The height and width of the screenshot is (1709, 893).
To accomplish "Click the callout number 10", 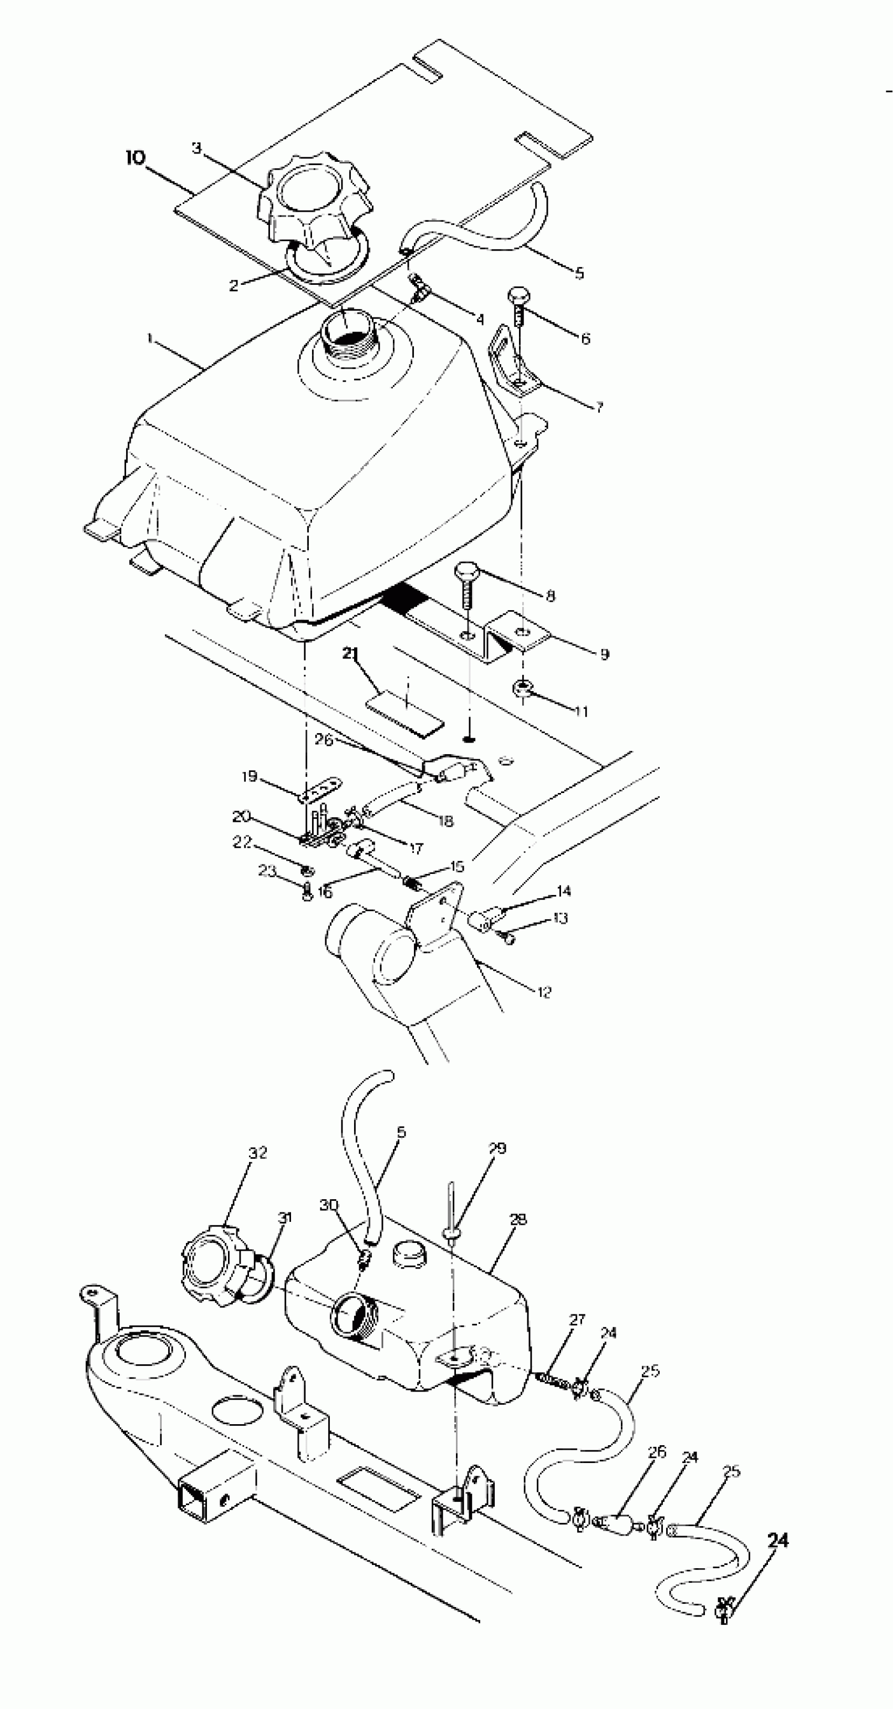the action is click(134, 159).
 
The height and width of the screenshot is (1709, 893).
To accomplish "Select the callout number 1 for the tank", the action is click(150, 339).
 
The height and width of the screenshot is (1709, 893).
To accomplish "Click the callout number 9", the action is click(604, 654).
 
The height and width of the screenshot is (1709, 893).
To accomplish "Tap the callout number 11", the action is click(581, 712).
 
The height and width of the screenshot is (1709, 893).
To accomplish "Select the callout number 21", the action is click(350, 653).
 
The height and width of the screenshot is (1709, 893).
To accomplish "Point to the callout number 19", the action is click(250, 776).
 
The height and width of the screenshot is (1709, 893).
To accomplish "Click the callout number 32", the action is click(258, 1153).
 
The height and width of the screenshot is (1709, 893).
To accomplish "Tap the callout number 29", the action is click(497, 1148).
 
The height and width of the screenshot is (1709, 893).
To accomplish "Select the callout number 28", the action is click(518, 1219).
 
